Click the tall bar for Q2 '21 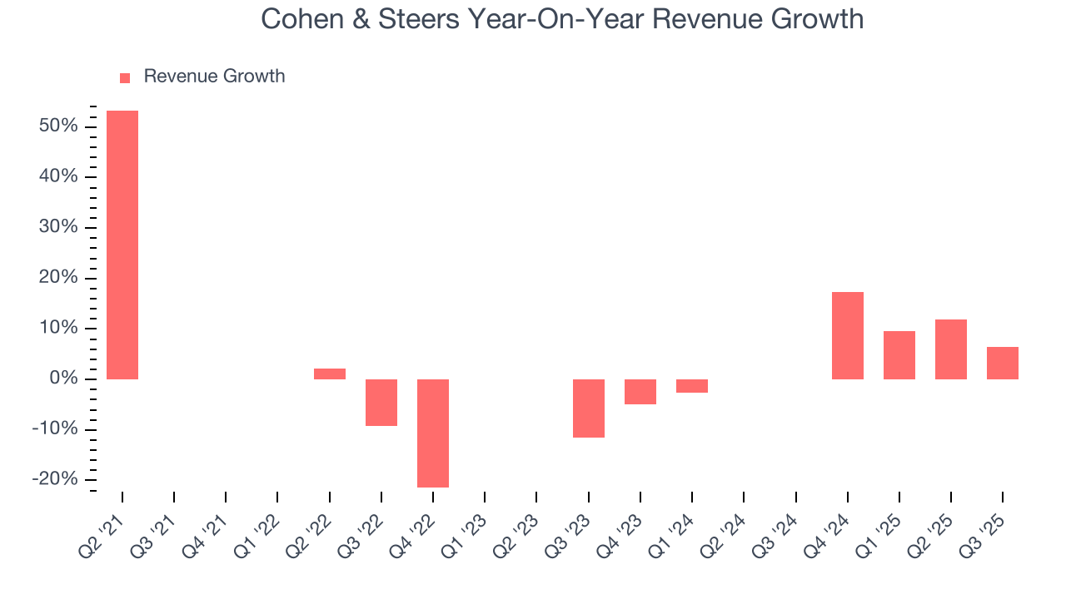click(122, 245)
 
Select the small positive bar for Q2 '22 click(330, 374)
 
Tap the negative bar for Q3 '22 click(381, 403)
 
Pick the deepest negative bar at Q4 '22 click(433, 433)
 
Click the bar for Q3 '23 click(589, 408)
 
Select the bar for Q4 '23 click(640, 392)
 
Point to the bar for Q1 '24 click(692, 386)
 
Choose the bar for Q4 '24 click(848, 335)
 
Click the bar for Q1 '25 click(899, 355)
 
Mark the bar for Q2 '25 click(951, 349)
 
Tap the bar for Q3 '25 click(1003, 363)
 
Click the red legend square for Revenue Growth click(125, 77)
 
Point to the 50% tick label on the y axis click(57, 126)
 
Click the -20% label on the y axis click(54, 480)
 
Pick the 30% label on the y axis click(57, 227)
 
